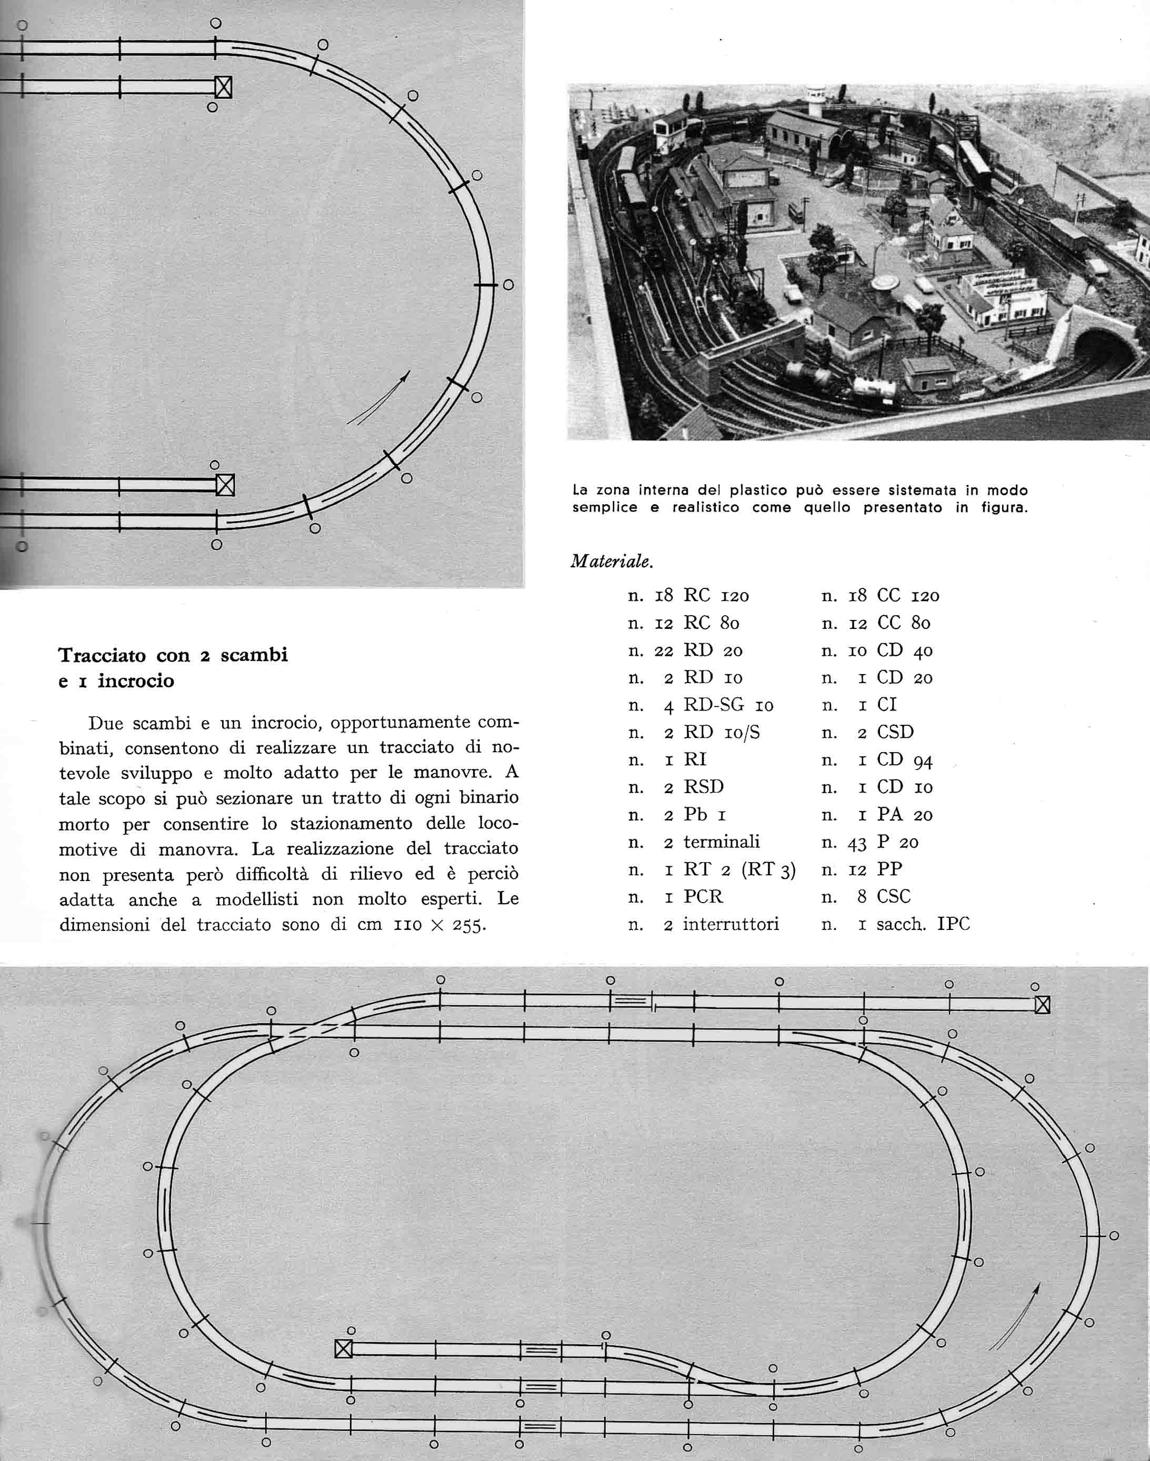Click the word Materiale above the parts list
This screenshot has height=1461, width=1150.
pyautogui.click(x=611, y=561)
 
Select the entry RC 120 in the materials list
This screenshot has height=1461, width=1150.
pyautogui.click(x=716, y=595)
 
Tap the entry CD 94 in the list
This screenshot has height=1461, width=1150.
pyautogui.click(x=904, y=760)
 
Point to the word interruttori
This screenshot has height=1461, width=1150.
pyautogui.click(x=731, y=924)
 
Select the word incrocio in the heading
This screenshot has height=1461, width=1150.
pyautogui.click(x=136, y=682)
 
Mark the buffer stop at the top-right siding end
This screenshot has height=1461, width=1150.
pyautogui.click(x=1042, y=1005)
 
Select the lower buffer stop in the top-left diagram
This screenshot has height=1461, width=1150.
pyautogui.click(x=225, y=485)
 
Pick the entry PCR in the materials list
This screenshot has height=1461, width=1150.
pyautogui.click(x=703, y=897)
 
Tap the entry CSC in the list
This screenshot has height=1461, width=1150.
pyautogui.click(x=894, y=897)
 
